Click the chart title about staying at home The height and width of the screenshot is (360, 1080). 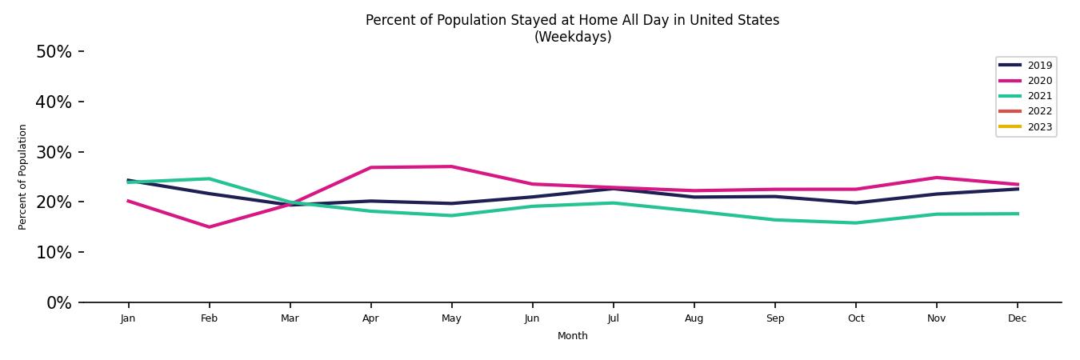(x=572, y=20)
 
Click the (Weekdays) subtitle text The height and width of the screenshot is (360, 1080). (x=573, y=37)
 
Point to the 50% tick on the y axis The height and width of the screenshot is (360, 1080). (x=54, y=52)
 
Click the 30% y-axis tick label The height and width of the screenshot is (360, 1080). (x=54, y=152)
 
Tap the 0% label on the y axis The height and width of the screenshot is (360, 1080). (x=58, y=303)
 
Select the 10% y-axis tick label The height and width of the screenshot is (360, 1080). (x=54, y=253)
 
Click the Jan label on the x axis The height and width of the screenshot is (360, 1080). (x=128, y=318)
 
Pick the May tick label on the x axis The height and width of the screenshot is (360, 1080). (x=451, y=318)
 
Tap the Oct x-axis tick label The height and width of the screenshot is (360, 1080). (x=856, y=318)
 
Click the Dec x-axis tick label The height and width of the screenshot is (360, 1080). (x=1017, y=318)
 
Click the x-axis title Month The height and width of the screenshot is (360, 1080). (x=573, y=336)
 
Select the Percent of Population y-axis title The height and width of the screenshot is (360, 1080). (x=22, y=177)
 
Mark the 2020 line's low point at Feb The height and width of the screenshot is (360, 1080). (x=209, y=227)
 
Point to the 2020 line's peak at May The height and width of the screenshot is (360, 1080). (x=451, y=166)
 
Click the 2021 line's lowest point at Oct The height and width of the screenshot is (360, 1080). (x=856, y=223)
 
